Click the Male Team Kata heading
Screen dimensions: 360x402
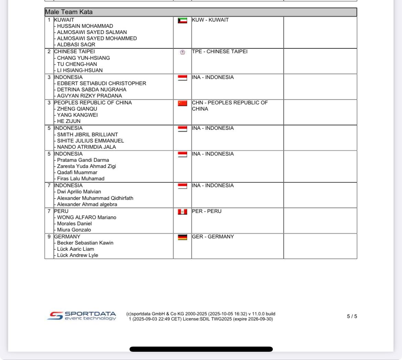click(69, 12)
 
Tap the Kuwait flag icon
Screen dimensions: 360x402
click(182, 21)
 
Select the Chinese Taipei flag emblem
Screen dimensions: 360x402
click(182, 52)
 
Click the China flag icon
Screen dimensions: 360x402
click(182, 103)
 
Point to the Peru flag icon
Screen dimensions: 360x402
click(182, 212)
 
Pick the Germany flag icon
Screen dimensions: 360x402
click(182, 237)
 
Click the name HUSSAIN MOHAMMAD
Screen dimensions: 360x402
click(85, 26)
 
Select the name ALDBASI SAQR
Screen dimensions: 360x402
click(76, 45)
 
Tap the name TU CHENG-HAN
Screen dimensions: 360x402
click(77, 64)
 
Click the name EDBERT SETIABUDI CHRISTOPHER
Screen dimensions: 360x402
click(101, 83)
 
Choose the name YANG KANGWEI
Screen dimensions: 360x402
click(77, 115)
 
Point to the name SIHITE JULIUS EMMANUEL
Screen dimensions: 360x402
click(90, 141)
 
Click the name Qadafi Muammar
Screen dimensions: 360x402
click(77, 172)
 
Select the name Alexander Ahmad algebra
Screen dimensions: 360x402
click(87, 204)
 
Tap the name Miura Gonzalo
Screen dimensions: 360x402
click(74, 230)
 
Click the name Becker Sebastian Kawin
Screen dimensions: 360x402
click(85, 243)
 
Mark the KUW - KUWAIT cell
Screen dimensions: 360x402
click(210, 20)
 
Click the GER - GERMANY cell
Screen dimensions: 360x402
click(213, 237)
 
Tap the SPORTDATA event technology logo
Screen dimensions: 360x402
click(82, 316)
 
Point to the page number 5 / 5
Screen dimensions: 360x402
click(352, 316)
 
